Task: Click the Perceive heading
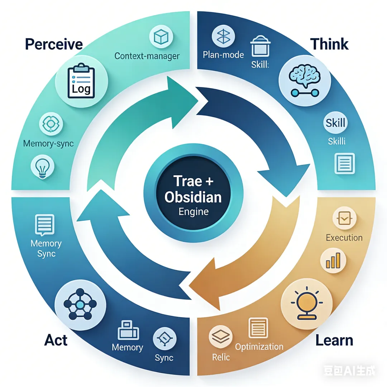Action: [54, 44]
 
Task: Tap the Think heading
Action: [329, 44]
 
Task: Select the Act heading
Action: [56, 340]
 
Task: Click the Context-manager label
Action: [147, 56]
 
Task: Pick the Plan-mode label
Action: [223, 55]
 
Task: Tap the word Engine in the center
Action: [193, 211]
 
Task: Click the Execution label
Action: [344, 238]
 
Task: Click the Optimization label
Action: [259, 347]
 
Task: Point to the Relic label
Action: [221, 357]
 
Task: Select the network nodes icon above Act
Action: [80, 305]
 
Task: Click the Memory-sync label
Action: [48, 144]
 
